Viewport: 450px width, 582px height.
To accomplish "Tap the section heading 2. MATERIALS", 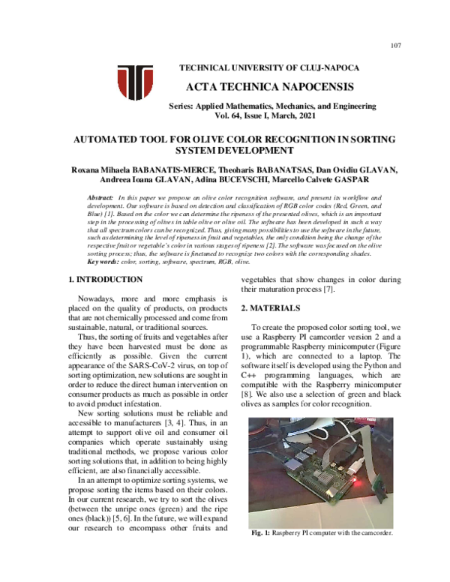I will pyautogui.click(x=279, y=308).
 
